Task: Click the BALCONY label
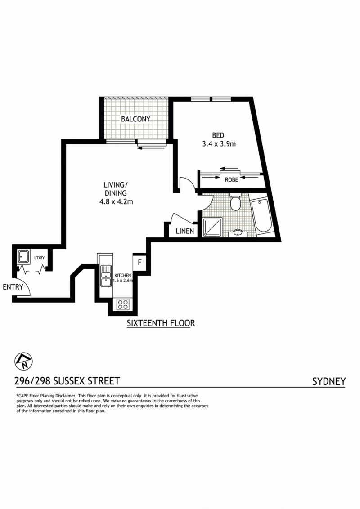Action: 135,119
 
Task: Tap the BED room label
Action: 218,135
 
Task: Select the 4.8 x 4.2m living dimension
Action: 116,201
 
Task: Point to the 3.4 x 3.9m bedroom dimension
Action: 219,144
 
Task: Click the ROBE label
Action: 231,179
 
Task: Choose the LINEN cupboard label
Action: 185,231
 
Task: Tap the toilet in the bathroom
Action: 235,202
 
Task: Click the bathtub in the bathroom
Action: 261,215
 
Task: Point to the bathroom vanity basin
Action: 238,233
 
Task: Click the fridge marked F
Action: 139,262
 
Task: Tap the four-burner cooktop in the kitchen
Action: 123,304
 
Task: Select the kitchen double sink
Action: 106,276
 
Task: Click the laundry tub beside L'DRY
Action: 23,257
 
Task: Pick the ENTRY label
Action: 13,287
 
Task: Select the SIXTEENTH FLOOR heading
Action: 161,323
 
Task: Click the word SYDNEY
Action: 329,381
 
